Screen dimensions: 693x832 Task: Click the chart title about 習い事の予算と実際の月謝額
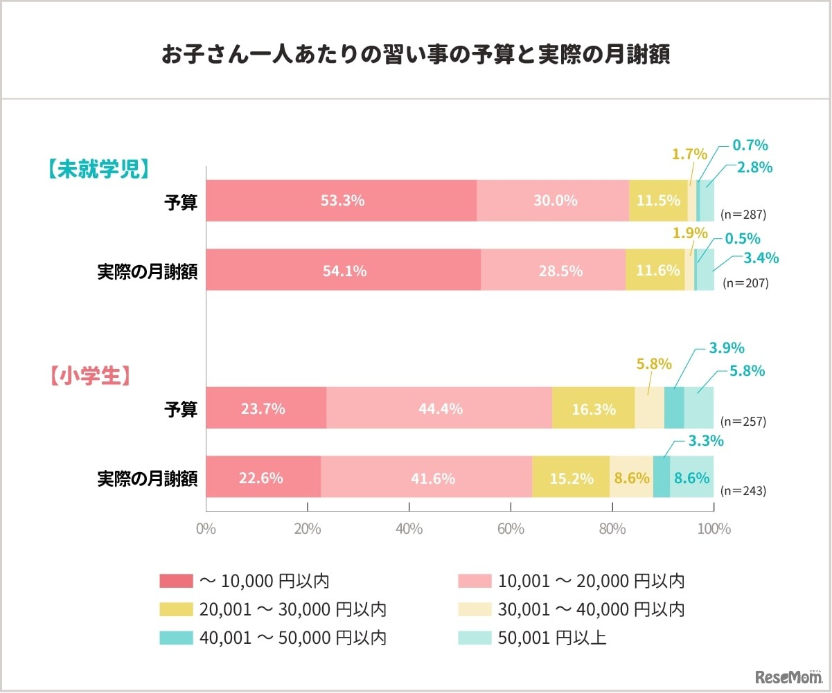click(x=416, y=55)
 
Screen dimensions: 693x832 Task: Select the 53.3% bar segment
click(x=342, y=201)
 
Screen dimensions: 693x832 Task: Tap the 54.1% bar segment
click(x=344, y=270)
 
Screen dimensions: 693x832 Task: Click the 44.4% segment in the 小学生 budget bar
click(x=439, y=408)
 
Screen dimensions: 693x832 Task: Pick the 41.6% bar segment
click(x=427, y=478)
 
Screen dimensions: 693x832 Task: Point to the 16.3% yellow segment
click(x=593, y=408)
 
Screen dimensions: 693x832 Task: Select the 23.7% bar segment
click(x=266, y=408)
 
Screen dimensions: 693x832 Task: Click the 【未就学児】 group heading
click(x=99, y=170)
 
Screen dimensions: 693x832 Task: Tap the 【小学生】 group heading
click(x=90, y=375)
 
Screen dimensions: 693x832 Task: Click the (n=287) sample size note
click(x=744, y=214)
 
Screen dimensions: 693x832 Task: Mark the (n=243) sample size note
click(x=743, y=491)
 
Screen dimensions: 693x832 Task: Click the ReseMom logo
click(x=788, y=675)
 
